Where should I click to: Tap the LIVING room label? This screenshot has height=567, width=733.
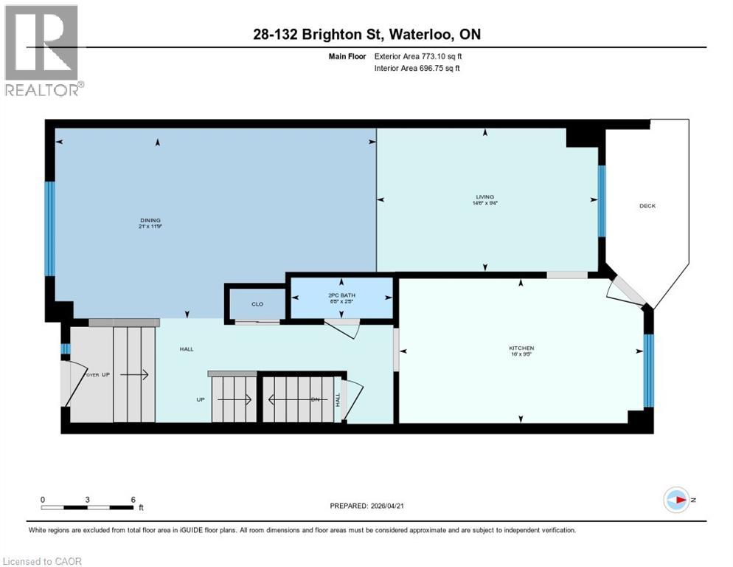pyautogui.click(x=484, y=199)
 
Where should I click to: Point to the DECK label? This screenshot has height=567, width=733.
pyautogui.click(x=647, y=206)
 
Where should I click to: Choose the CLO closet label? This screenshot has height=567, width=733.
pyautogui.click(x=257, y=303)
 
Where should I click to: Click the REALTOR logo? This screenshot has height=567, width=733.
pyautogui.click(x=44, y=50)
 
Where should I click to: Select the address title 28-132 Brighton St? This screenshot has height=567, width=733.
pyautogui.click(x=366, y=35)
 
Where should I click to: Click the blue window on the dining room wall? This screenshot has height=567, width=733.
pyautogui.click(x=49, y=229)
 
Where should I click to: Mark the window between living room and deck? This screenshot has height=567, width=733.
pyautogui.click(x=602, y=201)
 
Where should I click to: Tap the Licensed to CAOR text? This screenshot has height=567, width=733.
pyautogui.click(x=44, y=561)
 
